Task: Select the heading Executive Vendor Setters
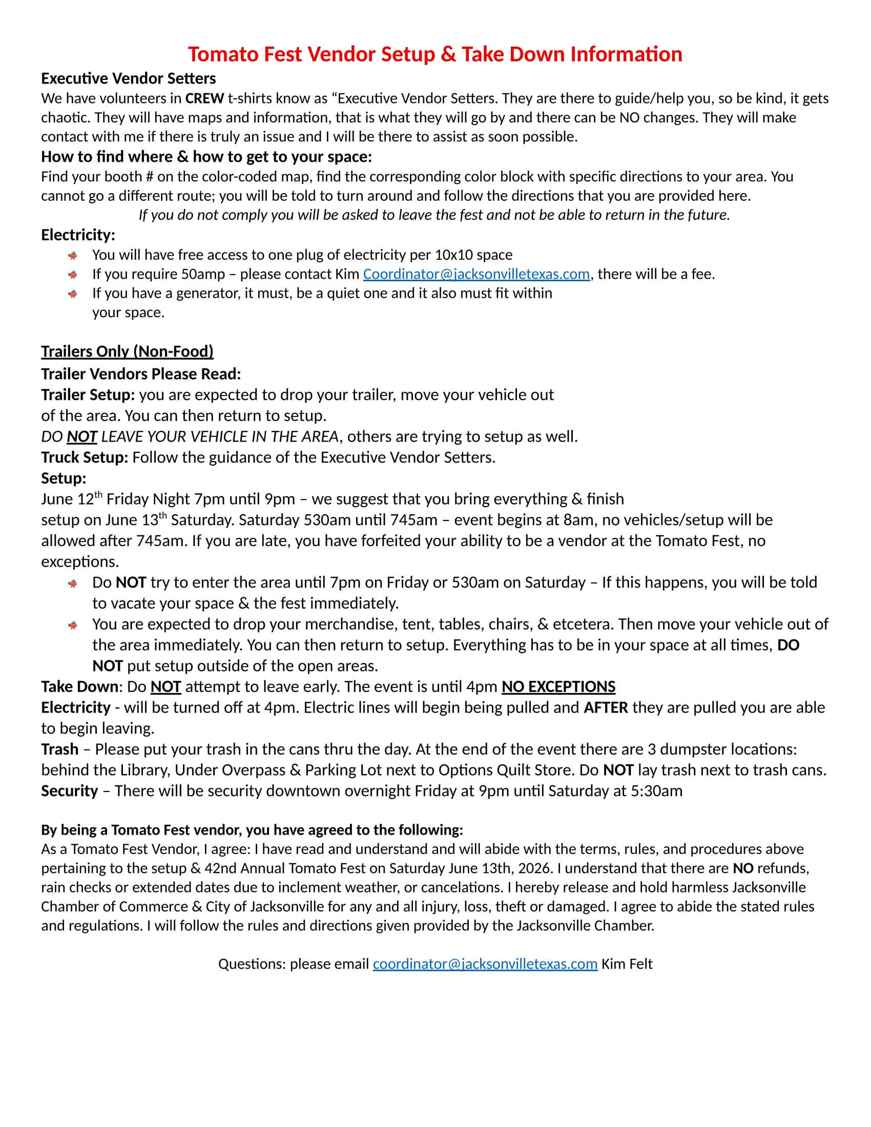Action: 129,78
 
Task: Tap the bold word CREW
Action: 205,98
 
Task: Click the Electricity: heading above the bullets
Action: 78,235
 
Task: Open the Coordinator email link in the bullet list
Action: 476,274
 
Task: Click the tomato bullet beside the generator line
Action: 73,294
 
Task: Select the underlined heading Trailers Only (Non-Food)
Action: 127,351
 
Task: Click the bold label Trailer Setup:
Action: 88,395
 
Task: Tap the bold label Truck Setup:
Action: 85,457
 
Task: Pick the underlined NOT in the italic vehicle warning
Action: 81,436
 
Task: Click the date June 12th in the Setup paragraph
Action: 72,499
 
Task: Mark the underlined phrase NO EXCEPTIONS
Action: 558,687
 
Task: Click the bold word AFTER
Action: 606,707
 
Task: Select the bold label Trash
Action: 60,749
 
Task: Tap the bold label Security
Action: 69,790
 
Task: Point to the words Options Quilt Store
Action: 506,770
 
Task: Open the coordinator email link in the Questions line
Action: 485,964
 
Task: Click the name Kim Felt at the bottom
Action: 627,964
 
